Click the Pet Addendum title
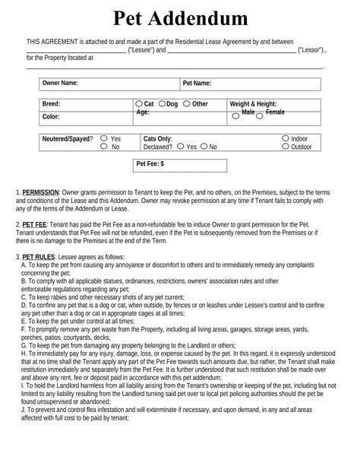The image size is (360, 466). (180, 18)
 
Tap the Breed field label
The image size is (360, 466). (52, 103)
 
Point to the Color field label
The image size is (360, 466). (51, 117)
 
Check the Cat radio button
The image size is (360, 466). (139, 103)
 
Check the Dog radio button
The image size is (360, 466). (162, 103)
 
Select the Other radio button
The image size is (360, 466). (186, 103)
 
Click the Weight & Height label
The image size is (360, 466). (253, 103)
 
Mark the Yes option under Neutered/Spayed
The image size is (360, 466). (104, 139)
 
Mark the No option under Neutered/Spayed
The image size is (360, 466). (104, 147)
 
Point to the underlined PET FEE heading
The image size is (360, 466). (33, 225)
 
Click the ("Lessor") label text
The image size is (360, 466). (311, 49)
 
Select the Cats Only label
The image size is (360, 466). (158, 139)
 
